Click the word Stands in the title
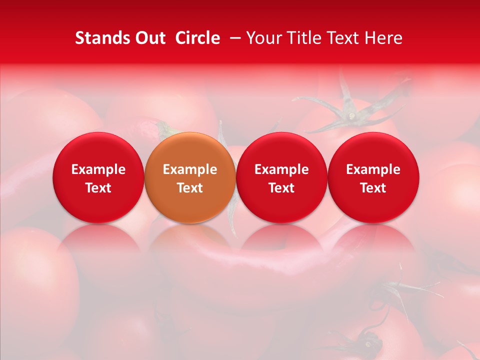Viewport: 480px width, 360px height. [x=102, y=38]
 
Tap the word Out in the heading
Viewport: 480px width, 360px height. [x=149, y=38]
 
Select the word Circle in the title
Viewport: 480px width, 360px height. [x=197, y=38]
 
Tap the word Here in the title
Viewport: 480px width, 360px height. [x=383, y=38]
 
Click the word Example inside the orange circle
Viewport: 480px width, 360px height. [x=190, y=169]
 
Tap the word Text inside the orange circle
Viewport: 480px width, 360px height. [x=190, y=188]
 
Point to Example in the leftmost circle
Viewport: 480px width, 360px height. [x=98, y=169]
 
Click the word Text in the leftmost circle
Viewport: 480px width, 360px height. [x=98, y=188]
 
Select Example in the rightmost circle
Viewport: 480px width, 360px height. [x=373, y=169]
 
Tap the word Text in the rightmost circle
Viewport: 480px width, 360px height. [x=373, y=188]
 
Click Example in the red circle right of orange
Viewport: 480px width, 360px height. [x=281, y=169]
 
